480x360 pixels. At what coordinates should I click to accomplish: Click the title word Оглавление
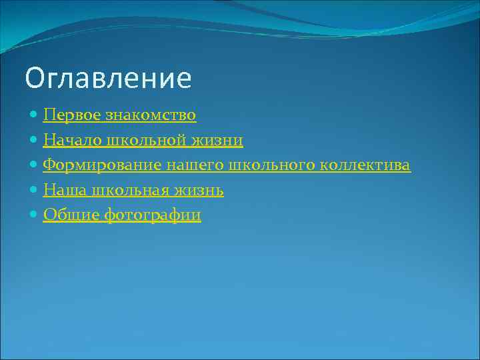(x=108, y=79)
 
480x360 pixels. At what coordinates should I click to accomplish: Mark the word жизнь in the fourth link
(x=201, y=191)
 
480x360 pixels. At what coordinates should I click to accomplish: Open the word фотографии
(x=153, y=215)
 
